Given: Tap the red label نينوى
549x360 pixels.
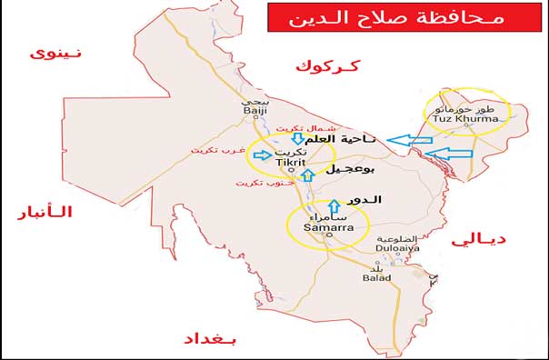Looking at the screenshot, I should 55,53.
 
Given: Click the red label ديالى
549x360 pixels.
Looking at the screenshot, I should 478,239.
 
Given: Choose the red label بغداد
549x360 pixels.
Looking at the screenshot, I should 215,338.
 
